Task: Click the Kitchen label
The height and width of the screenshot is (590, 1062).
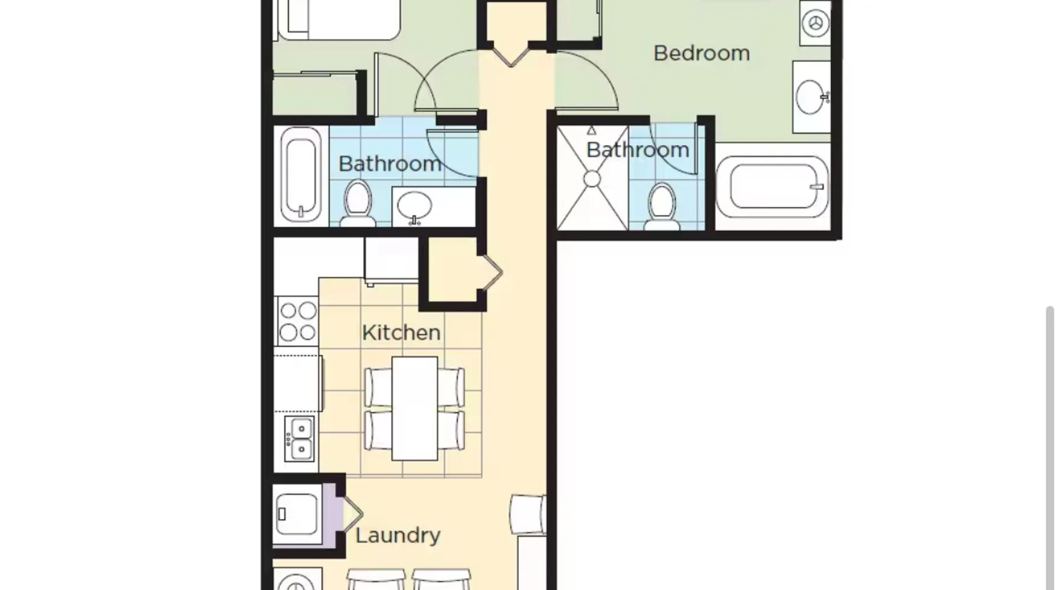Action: (x=401, y=333)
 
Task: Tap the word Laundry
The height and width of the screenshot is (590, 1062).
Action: (x=398, y=536)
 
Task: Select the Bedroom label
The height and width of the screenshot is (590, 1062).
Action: (x=702, y=53)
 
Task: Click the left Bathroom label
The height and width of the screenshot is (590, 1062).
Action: (x=390, y=163)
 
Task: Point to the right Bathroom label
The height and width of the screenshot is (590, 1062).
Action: (x=638, y=150)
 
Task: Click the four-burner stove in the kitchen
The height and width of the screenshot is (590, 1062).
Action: (x=298, y=321)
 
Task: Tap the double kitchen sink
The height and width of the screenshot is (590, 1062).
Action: (x=300, y=438)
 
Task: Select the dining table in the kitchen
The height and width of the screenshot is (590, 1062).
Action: (x=415, y=408)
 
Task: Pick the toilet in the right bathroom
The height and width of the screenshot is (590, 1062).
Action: (x=661, y=206)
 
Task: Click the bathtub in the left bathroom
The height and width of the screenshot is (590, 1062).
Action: (x=301, y=175)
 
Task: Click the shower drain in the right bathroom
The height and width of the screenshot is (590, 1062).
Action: (x=592, y=178)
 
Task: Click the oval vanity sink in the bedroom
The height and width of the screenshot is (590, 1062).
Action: (x=811, y=97)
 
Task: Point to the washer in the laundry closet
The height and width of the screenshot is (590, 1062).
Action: (x=297, y=514)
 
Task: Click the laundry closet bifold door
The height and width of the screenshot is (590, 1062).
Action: (x=352, y=514)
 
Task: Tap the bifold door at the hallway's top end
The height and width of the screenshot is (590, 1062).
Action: (x=511, y=54)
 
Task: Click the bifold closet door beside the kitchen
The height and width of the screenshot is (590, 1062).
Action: (x=493, y=273)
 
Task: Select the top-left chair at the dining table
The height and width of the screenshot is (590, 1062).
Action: (x=378, y=386)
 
